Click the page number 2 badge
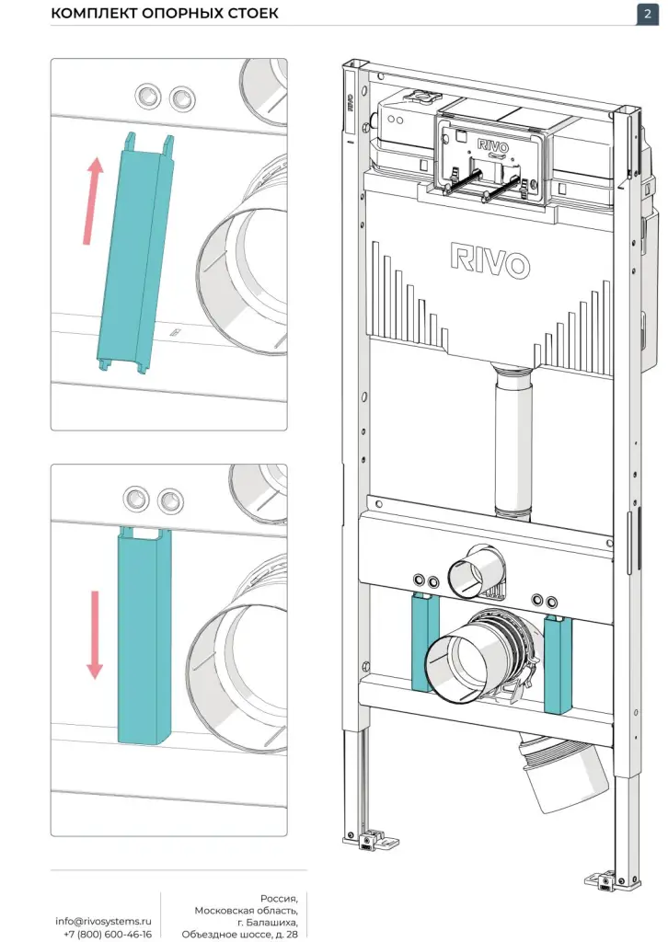[x=642, y=14]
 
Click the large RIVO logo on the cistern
[x=489, y=261]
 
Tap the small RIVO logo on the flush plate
[x=492, y=144]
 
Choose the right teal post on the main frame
[x=559, y=662]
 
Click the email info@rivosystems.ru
[x=103, y=921]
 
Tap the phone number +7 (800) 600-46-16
[x=108, y=934]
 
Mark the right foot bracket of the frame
[x=603, y=880]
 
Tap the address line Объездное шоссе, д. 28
[x=240, y=934]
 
